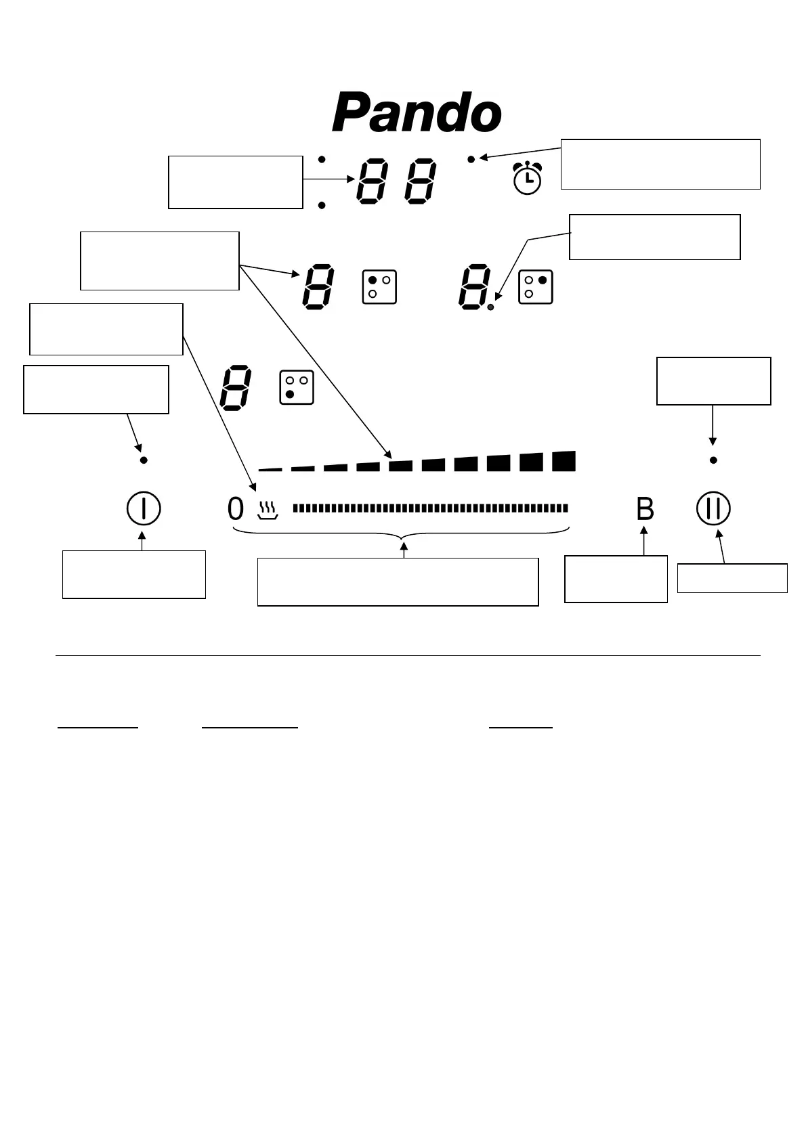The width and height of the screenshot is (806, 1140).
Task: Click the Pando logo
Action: [x=417, y=113]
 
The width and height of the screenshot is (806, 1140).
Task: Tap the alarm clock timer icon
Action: [x=527, y=178]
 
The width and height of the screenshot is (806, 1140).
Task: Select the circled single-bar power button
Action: [x=144, y=508]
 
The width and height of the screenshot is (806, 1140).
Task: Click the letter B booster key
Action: [x=645, y=509]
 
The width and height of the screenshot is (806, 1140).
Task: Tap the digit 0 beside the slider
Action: [x=235, y=509]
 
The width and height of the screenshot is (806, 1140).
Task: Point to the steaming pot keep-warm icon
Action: [x=268, y=510]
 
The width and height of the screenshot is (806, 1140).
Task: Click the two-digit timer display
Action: [x=396, y=181]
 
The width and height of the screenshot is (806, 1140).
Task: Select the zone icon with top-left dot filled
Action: [x=379, y=287]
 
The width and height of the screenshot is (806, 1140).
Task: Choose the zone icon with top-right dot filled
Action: [x=535, y=287]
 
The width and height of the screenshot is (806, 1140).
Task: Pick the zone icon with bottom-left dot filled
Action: [x=297, y=387]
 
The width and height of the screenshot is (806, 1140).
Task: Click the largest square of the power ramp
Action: [x=564, y=461]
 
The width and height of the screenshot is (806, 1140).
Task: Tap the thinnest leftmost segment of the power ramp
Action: [x=270, y=468]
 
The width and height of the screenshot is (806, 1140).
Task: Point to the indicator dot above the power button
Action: [x=144, y=460]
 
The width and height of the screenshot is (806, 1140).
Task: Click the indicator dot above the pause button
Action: [x=713, y=460]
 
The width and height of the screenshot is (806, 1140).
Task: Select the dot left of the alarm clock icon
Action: [x=471, y=159]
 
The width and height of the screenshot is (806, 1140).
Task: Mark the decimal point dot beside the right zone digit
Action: [x=491, y=307]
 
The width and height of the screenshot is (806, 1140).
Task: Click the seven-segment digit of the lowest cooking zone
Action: [x=236, y=388]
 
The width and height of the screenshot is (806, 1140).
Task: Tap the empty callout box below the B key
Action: [x=616, y=579]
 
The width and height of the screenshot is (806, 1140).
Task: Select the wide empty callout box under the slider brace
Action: [x=398, y=582]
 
